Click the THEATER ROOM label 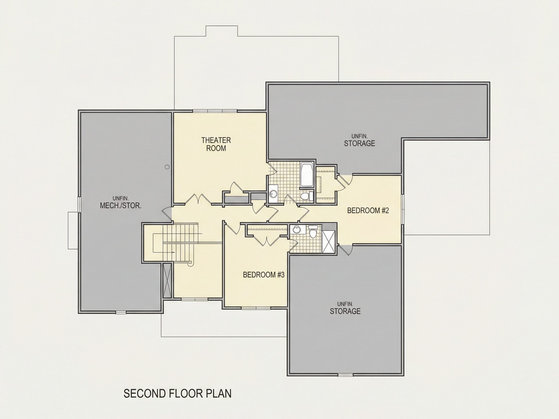tap(216, 144)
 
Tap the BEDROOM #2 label tap(368, 210)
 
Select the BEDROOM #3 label tap(263, 274)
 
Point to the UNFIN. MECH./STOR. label tap(121, 202)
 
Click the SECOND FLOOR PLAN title tap(177, 394)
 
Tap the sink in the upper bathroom tap(273, 194)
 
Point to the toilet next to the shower tap(313, 231)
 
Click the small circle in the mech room tap(167, 167)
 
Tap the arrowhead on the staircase tap(173, 252)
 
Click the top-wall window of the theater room tap(215, 111)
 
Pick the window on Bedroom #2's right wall tap(403, 209)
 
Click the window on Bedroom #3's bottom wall tap(256, 308)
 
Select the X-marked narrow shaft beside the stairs tap(167, 280)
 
